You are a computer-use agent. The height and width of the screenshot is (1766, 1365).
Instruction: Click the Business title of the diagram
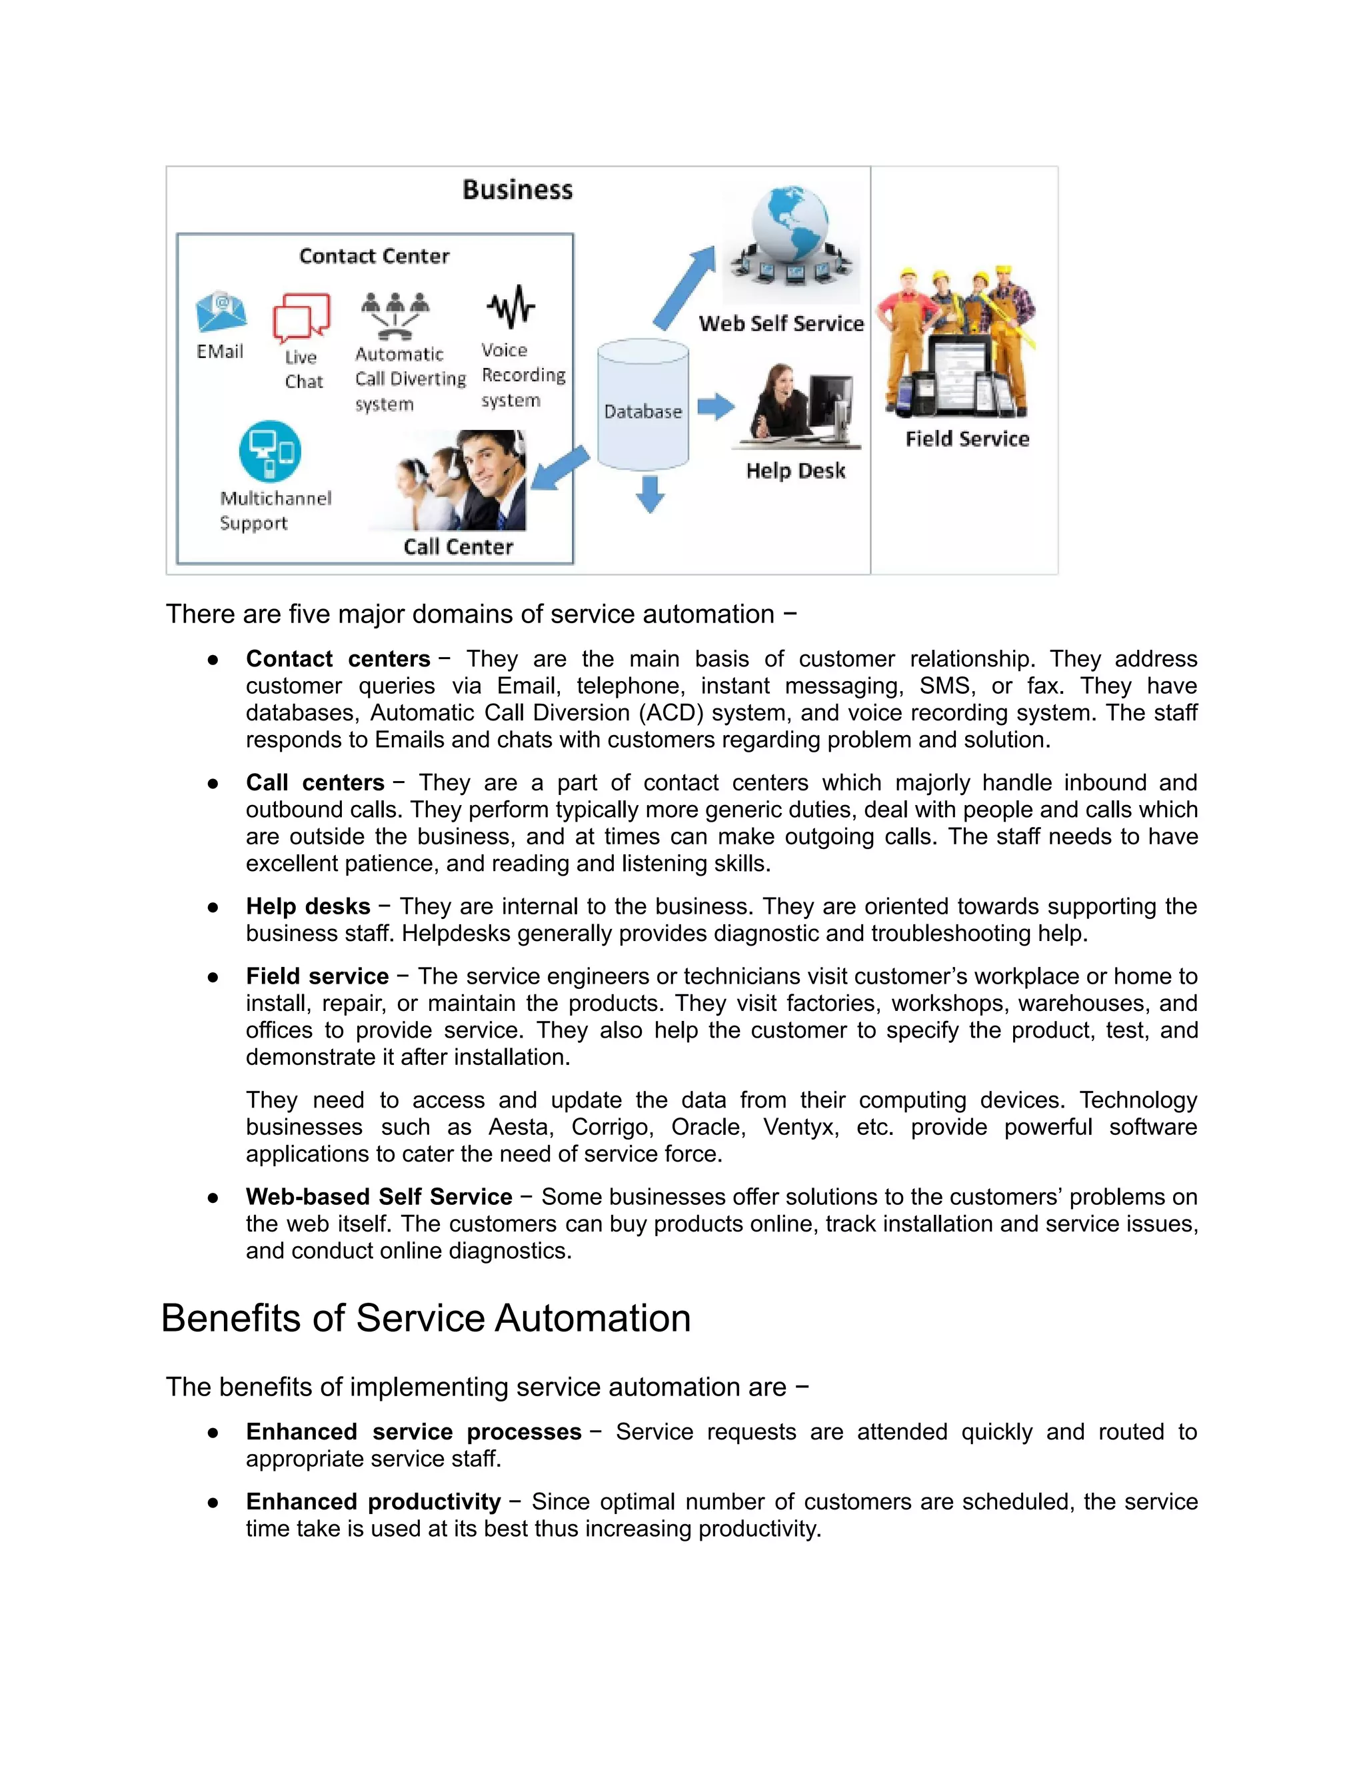(x=517, y=190)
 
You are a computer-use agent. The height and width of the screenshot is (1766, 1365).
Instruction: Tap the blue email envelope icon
(x=221, y=312)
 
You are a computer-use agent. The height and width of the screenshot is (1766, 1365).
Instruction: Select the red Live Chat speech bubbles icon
(x=302, y=317)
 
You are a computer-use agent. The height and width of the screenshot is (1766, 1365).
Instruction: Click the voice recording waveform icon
(x=511, y=307)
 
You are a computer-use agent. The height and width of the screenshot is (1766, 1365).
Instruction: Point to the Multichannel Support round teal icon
(x=270, y=451)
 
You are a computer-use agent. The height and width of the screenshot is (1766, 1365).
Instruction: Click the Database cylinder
(x=643, y=405)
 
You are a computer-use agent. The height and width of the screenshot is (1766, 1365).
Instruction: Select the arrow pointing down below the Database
(x=650, y=494)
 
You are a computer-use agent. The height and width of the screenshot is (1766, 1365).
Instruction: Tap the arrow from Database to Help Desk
(x=716, y=406)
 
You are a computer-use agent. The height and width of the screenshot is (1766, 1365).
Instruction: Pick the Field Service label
(x=967, y=439)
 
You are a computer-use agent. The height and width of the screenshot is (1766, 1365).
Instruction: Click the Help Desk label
(x=795, y=470)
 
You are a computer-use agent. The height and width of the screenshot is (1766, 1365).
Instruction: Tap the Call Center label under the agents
(x=458, y=546)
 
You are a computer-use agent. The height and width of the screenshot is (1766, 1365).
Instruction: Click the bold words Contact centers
(x=338, y=659)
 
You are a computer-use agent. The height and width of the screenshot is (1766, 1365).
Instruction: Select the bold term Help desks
(x=308, y=906)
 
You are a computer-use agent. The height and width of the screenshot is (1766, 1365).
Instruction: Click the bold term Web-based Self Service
(x=379, y=1197)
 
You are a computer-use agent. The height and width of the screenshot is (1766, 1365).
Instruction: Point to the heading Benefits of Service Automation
(x=426, y=1318)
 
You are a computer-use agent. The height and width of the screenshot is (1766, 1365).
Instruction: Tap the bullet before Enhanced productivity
(x=213, y=1502)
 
